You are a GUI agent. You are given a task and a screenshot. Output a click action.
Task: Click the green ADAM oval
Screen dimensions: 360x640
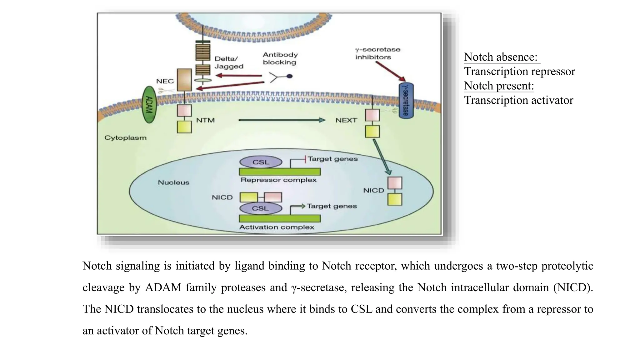point(149,105)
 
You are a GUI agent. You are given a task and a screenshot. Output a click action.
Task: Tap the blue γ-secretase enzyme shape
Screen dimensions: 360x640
point(406,101)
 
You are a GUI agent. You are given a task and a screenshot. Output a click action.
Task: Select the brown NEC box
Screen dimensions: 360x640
point(184,80)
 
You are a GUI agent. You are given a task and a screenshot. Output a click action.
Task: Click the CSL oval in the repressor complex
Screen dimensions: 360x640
point(261,162)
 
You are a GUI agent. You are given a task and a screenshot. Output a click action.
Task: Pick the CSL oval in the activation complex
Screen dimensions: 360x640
point(261,208)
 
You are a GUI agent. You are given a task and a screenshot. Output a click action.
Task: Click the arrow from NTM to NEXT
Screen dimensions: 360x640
point(281,120)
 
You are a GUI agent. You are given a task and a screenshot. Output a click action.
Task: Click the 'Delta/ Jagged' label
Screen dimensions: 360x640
point(229,62)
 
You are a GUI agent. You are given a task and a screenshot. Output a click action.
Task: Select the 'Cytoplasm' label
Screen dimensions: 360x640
point(125,138)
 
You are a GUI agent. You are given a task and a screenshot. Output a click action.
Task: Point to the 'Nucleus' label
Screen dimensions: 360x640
point(173,182)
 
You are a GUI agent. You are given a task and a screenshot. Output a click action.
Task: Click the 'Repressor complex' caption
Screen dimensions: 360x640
point(278,180)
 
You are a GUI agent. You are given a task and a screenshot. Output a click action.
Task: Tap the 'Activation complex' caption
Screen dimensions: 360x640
point(277,227)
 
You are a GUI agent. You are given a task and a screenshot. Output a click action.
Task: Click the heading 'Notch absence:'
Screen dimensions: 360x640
point(501,57)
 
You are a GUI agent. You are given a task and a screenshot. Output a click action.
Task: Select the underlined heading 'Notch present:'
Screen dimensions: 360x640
point(499,86)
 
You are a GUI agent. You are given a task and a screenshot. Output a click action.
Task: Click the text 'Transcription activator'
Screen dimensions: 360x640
point(518,100)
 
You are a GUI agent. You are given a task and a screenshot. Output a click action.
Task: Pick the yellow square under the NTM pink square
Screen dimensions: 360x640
point(184,127)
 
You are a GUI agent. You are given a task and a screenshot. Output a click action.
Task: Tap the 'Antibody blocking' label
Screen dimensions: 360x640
point(280,58)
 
